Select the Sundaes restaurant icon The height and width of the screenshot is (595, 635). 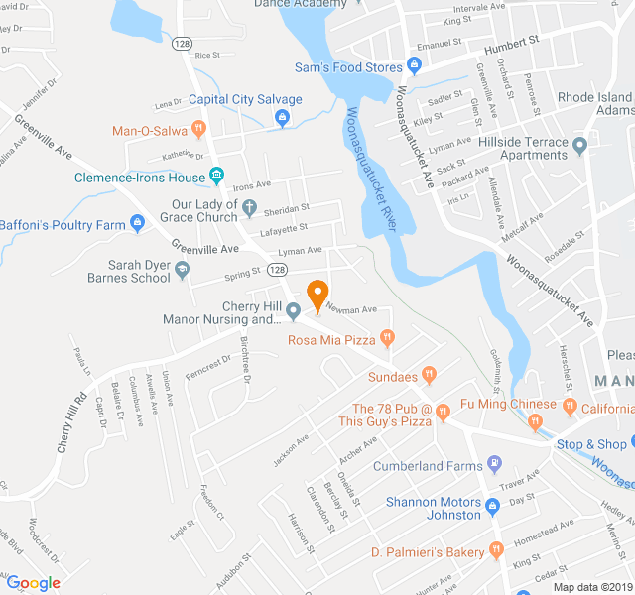[429, 375]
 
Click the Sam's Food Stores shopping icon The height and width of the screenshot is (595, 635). [415, 67]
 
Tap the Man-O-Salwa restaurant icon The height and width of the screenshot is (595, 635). [198, 129]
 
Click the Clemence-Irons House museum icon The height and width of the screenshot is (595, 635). [216, 178]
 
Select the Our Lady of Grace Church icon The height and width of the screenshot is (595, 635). [250, 209]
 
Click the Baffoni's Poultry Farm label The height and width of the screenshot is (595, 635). [63, 225]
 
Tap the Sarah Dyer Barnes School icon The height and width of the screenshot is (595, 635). [182, 269]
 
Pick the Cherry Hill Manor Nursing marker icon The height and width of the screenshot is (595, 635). [293, 312]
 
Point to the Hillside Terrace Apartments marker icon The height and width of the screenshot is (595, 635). [580, 144]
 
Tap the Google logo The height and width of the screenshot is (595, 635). [33, 582]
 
